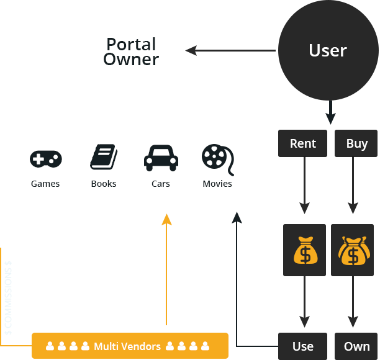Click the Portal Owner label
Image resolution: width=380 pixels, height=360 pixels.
[131, 52]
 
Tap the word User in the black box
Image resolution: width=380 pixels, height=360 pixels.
[327, 50]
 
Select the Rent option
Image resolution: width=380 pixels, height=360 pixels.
[303, 143]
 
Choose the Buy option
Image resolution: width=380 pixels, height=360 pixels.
[357, 143]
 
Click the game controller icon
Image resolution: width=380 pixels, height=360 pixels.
[45, 159]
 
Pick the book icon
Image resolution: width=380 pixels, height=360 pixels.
[104, 158]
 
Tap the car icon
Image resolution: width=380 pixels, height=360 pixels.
[161, 158]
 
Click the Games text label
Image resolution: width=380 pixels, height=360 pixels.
[45, 184]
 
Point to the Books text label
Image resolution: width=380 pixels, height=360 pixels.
[104, 184]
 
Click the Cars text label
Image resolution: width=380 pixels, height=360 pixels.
[161, 184]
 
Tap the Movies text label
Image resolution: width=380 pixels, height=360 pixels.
[217, 184]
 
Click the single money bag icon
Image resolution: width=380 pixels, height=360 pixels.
[304, 250]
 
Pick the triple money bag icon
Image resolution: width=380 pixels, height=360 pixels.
[353, 250]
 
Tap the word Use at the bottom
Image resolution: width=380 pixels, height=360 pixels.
[303, 346]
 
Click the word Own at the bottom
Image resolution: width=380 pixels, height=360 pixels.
[357, 346]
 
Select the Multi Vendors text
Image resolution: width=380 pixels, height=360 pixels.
[127, 346]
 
